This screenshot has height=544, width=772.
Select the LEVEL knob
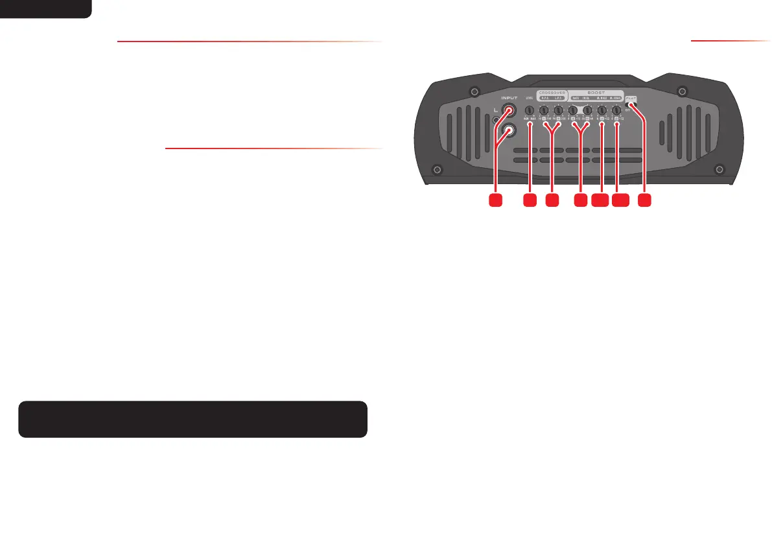pyautogui.click(x=530, y=111)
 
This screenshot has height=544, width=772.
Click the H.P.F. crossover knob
pyautogui.click(x=544, y=111)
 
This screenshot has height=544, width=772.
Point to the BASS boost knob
pyautogui.click(x=573, y=111)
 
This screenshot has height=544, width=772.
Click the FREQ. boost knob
pyautogui.click(x=587, y=111)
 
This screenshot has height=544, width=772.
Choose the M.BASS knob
pyautogui.click(x=602, y=111)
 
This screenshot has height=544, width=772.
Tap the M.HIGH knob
pyautogui.click(x=616, y=111)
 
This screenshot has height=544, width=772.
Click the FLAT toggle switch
pyautogui.click(x=629, y=106)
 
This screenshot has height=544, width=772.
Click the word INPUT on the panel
pyautogui.click(x=509, y=98)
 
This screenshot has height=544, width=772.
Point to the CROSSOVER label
pyautogui.click(x=552, y=92)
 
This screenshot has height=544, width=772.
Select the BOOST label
pyautogui.click(x=596, y=92)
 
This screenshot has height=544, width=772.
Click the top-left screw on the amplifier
pyautogui.click(x=474, y=90)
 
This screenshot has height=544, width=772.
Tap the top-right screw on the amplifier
pyautogui.click(x=681, y=90)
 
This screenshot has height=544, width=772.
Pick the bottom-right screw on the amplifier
pyautogui.click(x=718, y=170)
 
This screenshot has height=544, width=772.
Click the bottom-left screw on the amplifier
pyautogui.click(x=437, y=170)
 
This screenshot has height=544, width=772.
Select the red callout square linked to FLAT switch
pyautogui.click(x=644, y=201)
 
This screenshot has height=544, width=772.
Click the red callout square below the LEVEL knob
pyautogui.click(x=530, y=201)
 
